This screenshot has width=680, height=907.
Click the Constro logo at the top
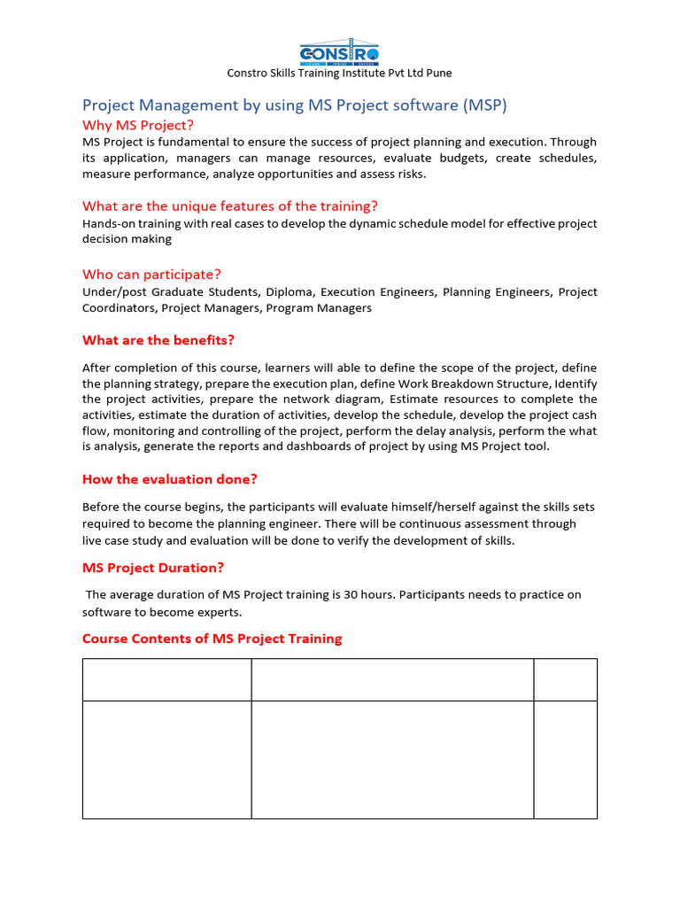[x=339, y=53]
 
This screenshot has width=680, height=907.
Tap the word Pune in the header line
[x=437, y=74]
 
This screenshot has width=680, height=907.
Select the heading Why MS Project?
[x=137, y=125]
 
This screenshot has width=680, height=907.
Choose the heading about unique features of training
[x=230, y=206]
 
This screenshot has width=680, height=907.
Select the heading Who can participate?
[x=151, y=275]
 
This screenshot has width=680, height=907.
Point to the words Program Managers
[x=319, y=308]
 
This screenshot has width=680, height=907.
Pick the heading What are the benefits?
[x=158, y=340]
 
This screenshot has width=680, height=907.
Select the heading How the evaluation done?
[x=169, y=479]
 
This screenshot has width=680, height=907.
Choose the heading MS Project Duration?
[x=153, y=568]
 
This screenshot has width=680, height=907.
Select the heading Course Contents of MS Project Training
[x=212, y=639]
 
